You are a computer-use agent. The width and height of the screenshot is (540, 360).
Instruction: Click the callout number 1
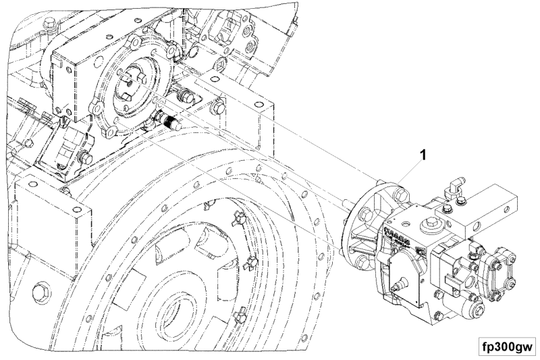coord(423,155)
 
